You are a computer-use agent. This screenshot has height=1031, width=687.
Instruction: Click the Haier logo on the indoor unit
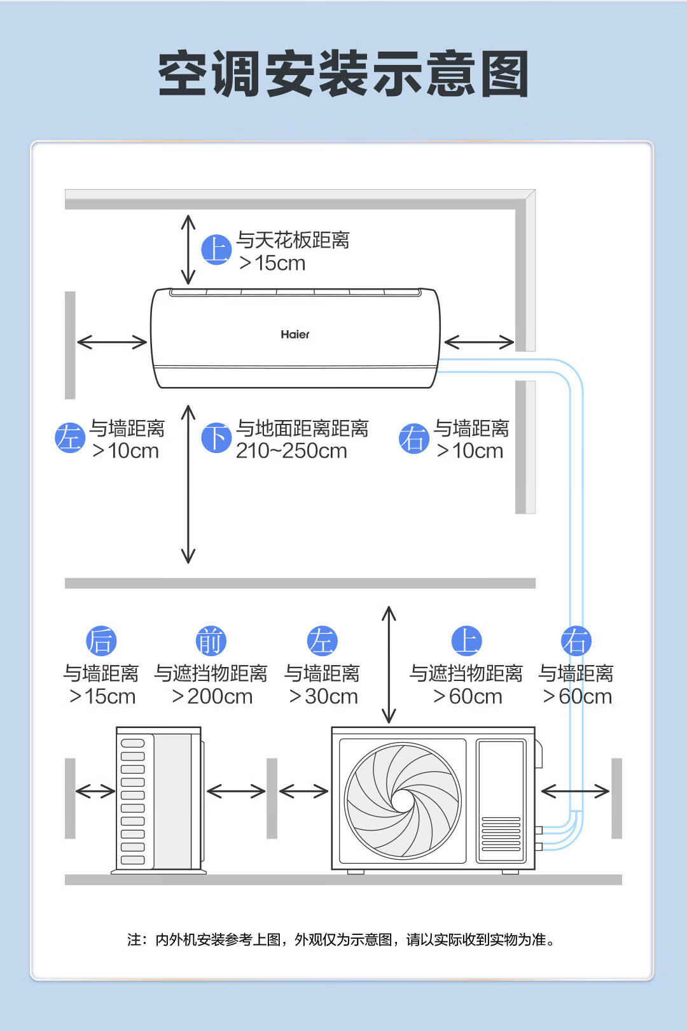pos(295,334)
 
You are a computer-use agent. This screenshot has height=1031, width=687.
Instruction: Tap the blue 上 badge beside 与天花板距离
pos(216,249)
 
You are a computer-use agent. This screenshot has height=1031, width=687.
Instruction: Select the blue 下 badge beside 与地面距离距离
pos(216,438)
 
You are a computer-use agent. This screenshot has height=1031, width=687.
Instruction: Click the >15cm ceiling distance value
pos(272,263)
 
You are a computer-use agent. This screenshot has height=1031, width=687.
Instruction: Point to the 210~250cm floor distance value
pos(291,451)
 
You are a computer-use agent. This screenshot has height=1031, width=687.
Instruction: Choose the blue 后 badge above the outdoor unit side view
pos(101,641)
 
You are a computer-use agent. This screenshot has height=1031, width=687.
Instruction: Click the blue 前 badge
pos(211,641)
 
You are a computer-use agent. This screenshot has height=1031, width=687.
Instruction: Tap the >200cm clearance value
pos(212,696)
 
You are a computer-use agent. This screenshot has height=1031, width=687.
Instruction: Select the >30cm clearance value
pos(323,696)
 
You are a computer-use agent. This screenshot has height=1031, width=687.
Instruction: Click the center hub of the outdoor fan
pos(402,800)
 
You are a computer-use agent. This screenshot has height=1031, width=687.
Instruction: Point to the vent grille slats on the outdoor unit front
pos(501,834)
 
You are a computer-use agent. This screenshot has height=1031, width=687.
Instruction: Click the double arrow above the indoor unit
pos(188,249)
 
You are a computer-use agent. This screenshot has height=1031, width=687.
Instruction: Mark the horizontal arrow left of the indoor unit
pos(112,342)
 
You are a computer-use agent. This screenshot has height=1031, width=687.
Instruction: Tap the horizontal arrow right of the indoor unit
pos(479,342)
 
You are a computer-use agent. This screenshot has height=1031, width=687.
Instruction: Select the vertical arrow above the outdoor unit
pos(389,664)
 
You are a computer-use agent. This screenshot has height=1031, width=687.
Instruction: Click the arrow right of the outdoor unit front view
pos(575,791)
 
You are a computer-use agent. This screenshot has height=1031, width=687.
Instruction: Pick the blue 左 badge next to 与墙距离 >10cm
pos(69,438)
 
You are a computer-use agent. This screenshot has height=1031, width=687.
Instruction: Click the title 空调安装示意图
pos(343,74)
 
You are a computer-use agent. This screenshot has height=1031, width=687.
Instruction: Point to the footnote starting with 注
pos(342,939)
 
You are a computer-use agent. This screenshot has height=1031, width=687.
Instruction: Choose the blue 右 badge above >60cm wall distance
pos(576,641)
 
